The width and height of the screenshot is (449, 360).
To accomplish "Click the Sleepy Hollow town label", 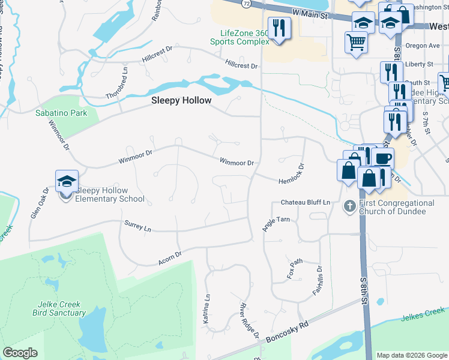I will point(181,101).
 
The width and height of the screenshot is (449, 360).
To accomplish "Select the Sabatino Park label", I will point(61,113).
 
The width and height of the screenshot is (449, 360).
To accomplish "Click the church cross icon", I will point(350,206).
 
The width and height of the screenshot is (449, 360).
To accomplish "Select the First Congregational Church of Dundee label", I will point(396,207).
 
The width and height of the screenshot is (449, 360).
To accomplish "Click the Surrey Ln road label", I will point(137,226).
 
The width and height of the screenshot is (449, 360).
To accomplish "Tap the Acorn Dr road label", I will point(169,258).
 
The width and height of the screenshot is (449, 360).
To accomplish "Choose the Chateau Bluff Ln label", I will point(306,203).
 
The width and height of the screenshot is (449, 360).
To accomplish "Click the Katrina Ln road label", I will point(206,309).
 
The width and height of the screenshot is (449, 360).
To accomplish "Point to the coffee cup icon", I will point(382,158).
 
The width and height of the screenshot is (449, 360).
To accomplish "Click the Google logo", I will point(20,353).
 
